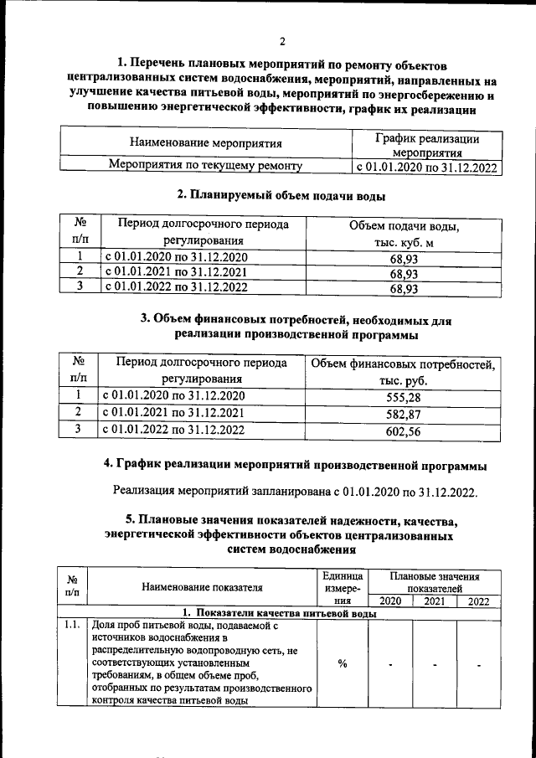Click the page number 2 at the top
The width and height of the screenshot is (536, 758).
(282, 41)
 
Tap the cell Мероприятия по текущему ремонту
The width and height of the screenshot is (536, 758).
(206, 167)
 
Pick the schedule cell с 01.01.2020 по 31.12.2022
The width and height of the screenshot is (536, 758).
(426, 168)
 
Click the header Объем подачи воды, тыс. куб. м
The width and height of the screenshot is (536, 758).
(404, 235)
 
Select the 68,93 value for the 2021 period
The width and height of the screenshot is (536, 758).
(404, 272)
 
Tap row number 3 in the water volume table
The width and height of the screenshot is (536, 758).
(80, 286)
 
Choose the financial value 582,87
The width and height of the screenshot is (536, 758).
(404, 415)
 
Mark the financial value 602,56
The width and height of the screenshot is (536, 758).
(404, 431)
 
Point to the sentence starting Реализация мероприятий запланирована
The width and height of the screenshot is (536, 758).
(295, 492)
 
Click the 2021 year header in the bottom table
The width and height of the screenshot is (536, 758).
(434, 601)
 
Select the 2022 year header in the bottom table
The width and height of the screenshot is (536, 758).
(479, 601)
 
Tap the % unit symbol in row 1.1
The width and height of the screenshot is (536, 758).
(343, 664)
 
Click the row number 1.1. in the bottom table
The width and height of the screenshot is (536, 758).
(73, 625)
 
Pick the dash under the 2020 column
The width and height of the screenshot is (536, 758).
(390, 665)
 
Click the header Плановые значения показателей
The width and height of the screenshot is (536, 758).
(434, 583)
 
